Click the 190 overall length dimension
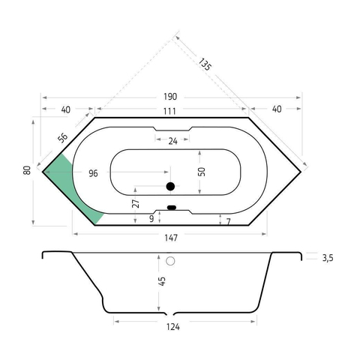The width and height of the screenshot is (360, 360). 170,97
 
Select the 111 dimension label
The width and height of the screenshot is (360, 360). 169,111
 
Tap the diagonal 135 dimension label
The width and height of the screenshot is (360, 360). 205,64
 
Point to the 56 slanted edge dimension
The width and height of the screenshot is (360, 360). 62,137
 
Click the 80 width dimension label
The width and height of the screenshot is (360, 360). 27,170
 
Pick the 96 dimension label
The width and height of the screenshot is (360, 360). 93,173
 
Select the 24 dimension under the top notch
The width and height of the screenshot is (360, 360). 172,141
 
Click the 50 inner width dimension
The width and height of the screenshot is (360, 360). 201,172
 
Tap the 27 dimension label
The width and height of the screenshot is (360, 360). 136,204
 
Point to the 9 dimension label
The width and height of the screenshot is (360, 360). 151,219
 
